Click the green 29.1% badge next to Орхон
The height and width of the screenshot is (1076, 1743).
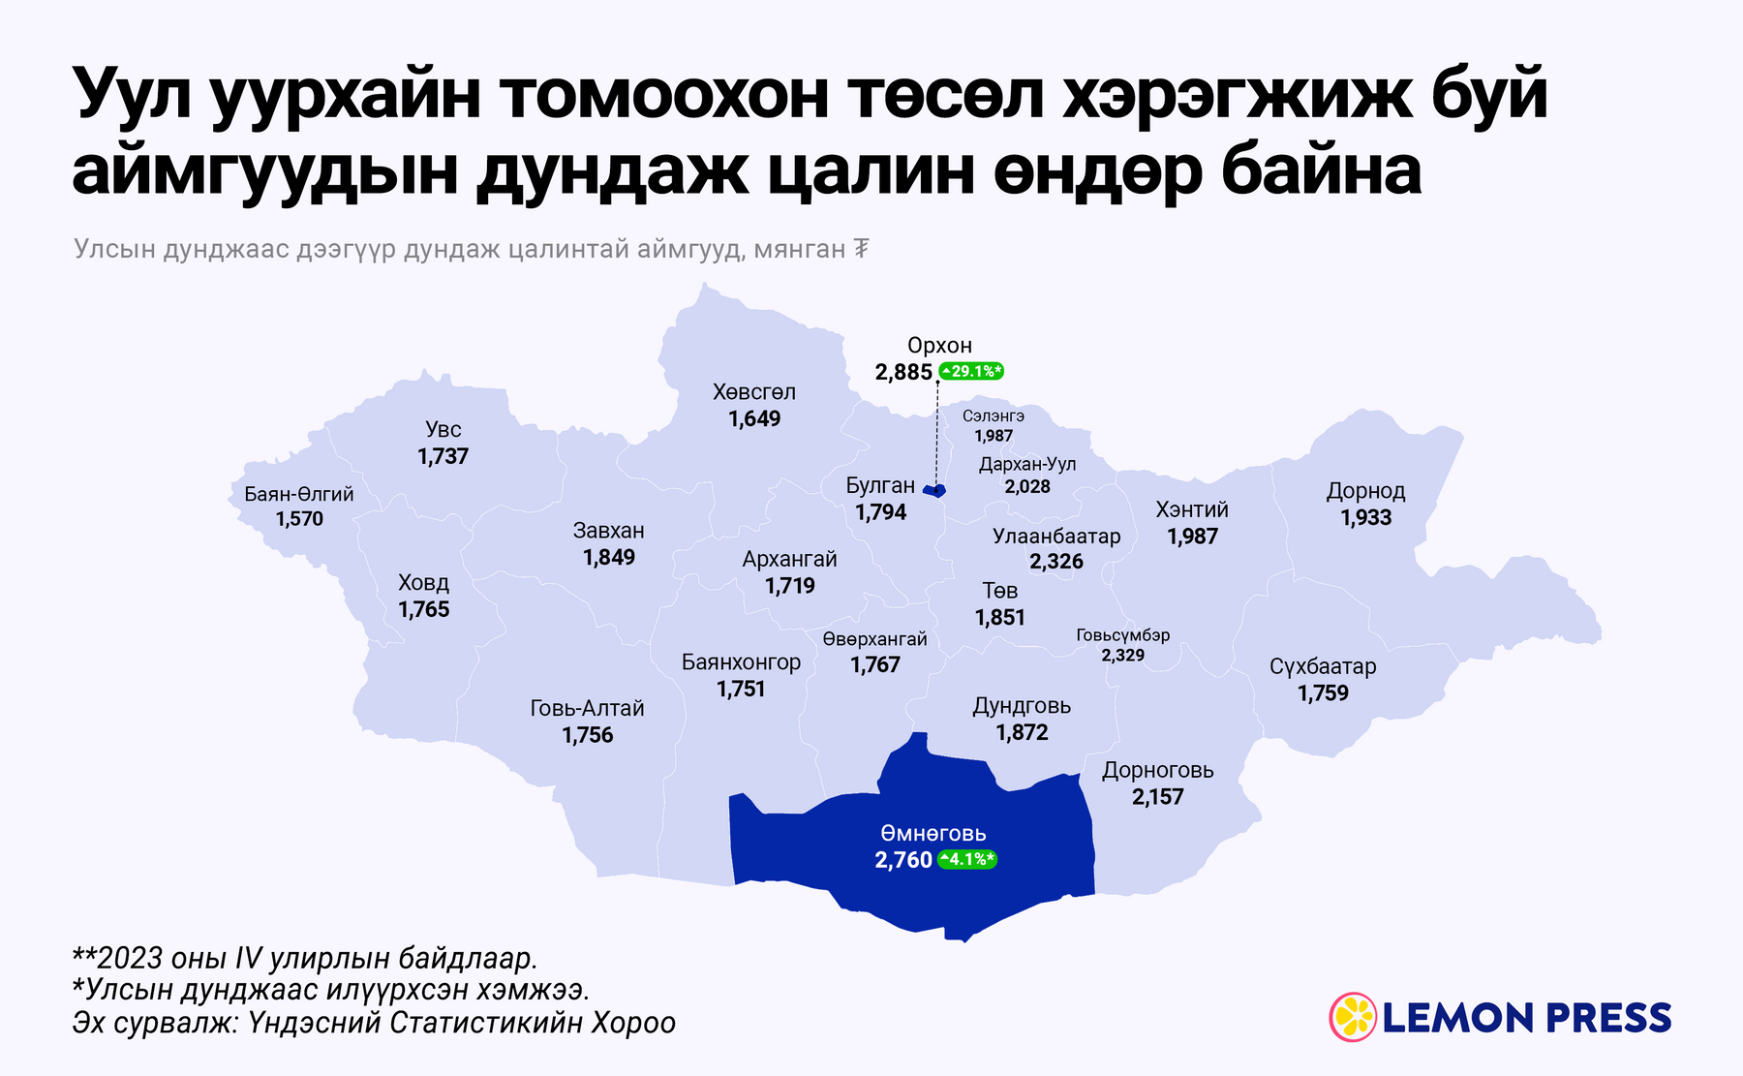click(970, 371)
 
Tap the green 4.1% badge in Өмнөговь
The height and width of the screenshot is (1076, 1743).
click(966, 859)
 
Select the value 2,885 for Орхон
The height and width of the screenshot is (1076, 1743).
click(903, 372)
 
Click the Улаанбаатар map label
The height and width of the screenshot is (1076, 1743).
click(1056, 537)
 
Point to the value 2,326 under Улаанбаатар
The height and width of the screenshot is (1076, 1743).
click(1056, 562)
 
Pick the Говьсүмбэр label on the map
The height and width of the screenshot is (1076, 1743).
click(1123, 635)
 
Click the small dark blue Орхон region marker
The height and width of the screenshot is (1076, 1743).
click(934, 491)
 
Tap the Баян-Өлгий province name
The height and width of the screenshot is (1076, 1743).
click(299, 494)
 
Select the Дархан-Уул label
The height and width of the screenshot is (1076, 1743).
click(1027, 465)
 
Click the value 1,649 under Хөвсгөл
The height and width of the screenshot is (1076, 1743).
click(754, 418)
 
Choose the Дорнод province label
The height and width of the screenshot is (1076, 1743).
click(1365, 491)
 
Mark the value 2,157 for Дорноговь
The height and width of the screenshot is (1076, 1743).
click(1157, 797)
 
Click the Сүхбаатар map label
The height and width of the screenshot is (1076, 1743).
click(1323, 666)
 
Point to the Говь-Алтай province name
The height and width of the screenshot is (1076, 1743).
click(587, 708)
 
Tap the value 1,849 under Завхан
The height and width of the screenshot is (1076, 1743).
click(609, 557)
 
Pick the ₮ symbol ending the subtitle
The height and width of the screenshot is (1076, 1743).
click(860, 250)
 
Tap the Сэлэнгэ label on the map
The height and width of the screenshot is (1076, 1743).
click(994, 415)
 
